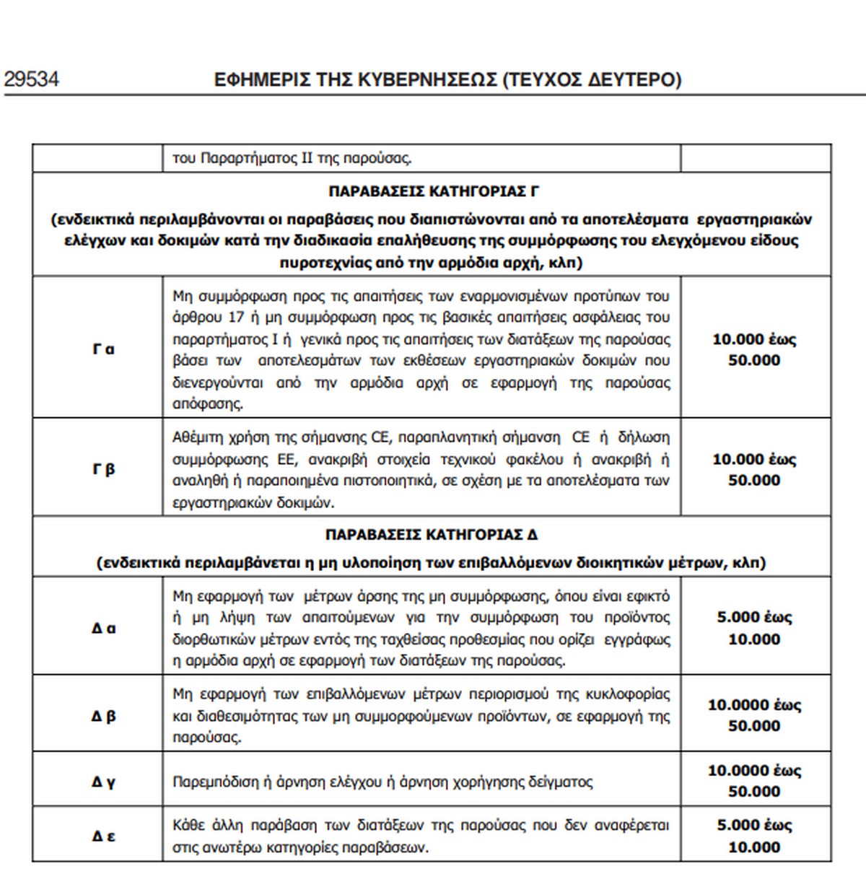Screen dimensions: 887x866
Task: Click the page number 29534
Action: pos(32,79)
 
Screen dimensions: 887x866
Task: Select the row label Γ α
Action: pos(103,349)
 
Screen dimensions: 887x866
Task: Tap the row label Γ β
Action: pos(103,469)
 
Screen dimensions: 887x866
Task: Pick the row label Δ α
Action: pos(103,628)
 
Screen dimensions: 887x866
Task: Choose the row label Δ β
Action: pos(103,716)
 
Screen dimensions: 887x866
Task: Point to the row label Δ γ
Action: pos(103,781)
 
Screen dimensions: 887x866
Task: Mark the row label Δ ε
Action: pos(103,836)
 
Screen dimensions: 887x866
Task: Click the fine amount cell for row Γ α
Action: pos(754,349)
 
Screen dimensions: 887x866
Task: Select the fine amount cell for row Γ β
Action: pos(754,469)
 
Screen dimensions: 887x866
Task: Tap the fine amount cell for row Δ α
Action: pos(754,628)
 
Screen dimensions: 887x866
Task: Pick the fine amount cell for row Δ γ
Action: pos(754,781)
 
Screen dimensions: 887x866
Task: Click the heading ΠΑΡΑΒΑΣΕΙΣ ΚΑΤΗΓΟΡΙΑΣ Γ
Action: pos(434,192)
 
